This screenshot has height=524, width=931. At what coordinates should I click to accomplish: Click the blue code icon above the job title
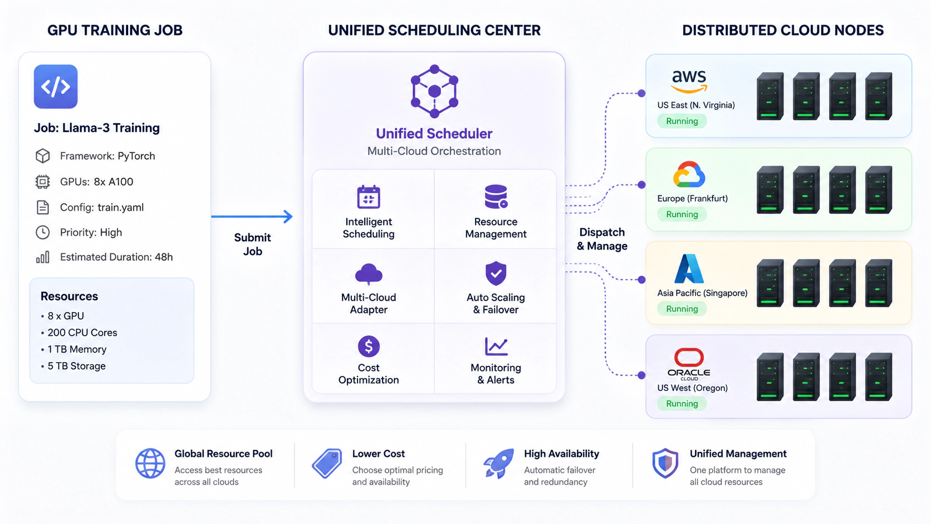[x=56, y=86]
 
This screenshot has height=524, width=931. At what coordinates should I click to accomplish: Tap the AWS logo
[x=689, y=81]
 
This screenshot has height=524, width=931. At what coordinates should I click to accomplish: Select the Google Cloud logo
[x=689, y=174]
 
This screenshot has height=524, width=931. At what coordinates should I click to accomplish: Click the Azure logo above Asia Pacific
[x=689, y=268]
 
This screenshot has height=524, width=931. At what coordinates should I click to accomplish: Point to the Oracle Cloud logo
[x=689, y=364]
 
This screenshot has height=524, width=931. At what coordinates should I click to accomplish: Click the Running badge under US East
[x=682, y=121]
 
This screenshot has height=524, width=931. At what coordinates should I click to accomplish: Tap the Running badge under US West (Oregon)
[x=682, y=404]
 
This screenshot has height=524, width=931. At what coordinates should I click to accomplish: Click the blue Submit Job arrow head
[x=288, y=217]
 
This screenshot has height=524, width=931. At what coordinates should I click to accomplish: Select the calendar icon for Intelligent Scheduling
[x=369, y=197]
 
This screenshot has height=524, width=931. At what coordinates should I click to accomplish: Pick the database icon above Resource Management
[x=496, y=197]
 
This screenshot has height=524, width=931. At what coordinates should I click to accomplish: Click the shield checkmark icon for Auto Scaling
[x=496, y=273]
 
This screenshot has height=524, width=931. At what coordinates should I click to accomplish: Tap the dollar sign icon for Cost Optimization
[x=369, y=346]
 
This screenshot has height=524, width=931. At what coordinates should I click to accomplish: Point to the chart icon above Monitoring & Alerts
[x=496, y=346]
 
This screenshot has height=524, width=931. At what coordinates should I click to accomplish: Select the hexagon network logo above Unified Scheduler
[x=434, y=91]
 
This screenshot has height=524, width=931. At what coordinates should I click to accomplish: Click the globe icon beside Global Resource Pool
[x=150, y=463]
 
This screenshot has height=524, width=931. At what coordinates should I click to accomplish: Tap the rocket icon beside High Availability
[x=498, y=463]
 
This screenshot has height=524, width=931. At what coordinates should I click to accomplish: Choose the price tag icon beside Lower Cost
[x=327, y=463]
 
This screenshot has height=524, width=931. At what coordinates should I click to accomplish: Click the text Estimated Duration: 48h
[x=116, y=257]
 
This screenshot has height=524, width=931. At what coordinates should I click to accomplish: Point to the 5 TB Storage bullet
[x=73, y=366]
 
